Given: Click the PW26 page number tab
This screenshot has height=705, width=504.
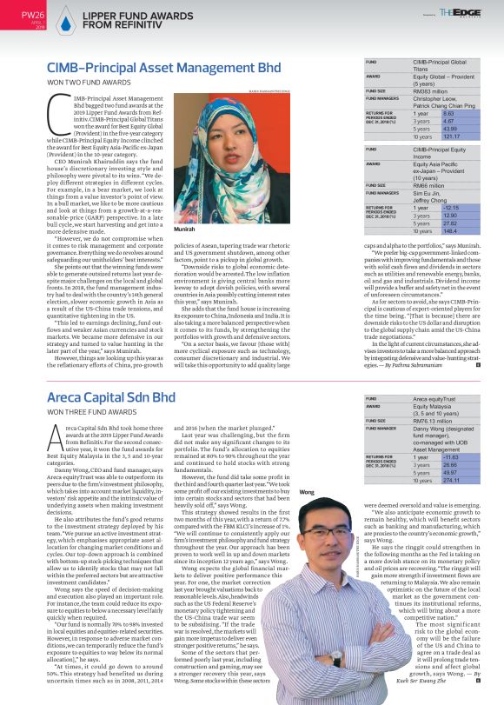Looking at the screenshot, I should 31,16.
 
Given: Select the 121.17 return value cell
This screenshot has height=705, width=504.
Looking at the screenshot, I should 426,136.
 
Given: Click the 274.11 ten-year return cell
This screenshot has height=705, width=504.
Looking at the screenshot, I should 426,480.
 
